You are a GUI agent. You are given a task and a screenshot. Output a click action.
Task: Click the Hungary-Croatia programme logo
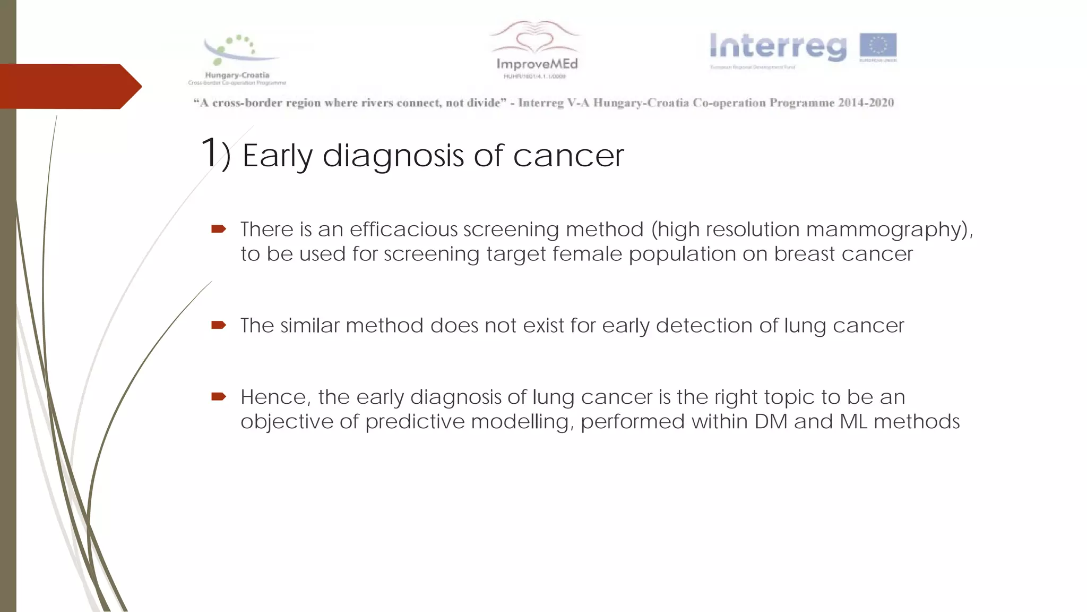[x=237, y=59]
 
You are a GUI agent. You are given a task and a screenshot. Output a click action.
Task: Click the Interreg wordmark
[x=778, y=47]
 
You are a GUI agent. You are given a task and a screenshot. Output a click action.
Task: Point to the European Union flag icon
[x=878, y=45]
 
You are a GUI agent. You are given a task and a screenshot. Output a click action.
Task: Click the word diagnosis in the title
[x=393, y=156]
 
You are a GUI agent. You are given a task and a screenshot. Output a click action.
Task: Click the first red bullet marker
[x=219, y=229]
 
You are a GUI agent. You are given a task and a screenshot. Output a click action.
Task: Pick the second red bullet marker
[x=219, y=325]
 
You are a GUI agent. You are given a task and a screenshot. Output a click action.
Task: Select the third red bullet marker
[x=219, y=396]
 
